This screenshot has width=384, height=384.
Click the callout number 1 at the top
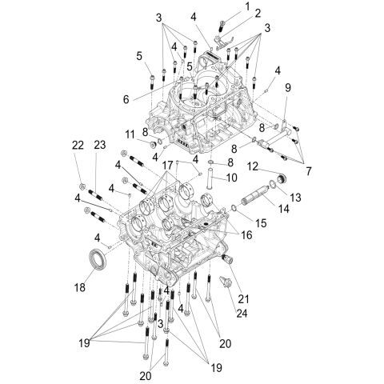(x=247, y=6)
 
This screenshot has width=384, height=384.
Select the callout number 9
(x=288, y=87)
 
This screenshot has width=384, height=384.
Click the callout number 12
(x=250, y=167)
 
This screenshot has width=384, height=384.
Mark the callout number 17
(x=166, y=165)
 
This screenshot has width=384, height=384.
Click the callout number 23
(x=99, y=144)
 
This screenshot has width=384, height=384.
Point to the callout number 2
(x=258, y=16)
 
